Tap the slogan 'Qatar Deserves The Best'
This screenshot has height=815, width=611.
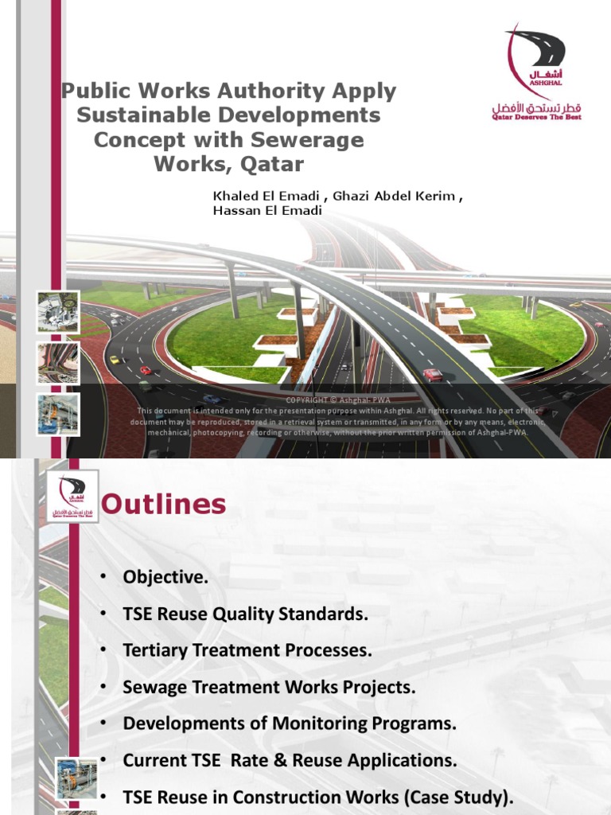(x=536, y=117)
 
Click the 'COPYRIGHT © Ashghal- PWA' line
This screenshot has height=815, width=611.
(x=339, y=400)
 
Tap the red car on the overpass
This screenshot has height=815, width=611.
(x=433, y=374)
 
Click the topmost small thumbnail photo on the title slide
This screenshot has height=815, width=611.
(x=57, y=311)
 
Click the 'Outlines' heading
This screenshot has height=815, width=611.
(x=165, y=505)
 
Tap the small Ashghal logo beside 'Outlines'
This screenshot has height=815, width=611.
(x=72, y=497)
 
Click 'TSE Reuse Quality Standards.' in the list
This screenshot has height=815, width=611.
(x=246, y=614)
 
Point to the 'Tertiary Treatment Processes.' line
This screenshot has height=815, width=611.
(x=247, y=650)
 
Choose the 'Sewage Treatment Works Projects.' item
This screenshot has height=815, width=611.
(x=269, y=687)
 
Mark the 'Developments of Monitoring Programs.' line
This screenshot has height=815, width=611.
(x=290, y=723)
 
